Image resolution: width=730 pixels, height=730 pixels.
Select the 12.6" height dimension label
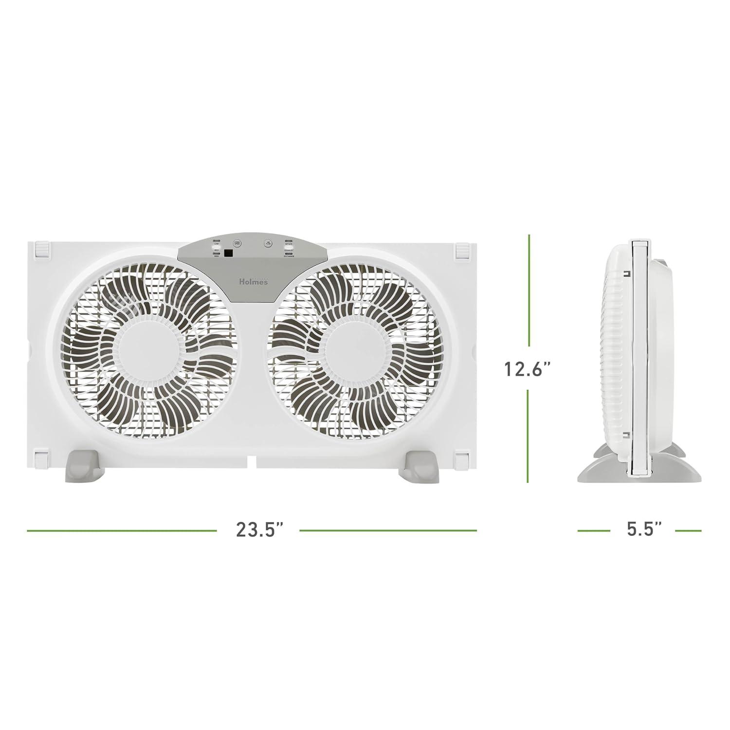528,369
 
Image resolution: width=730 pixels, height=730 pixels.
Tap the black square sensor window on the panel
228,253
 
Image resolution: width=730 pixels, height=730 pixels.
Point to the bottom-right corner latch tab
462,458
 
